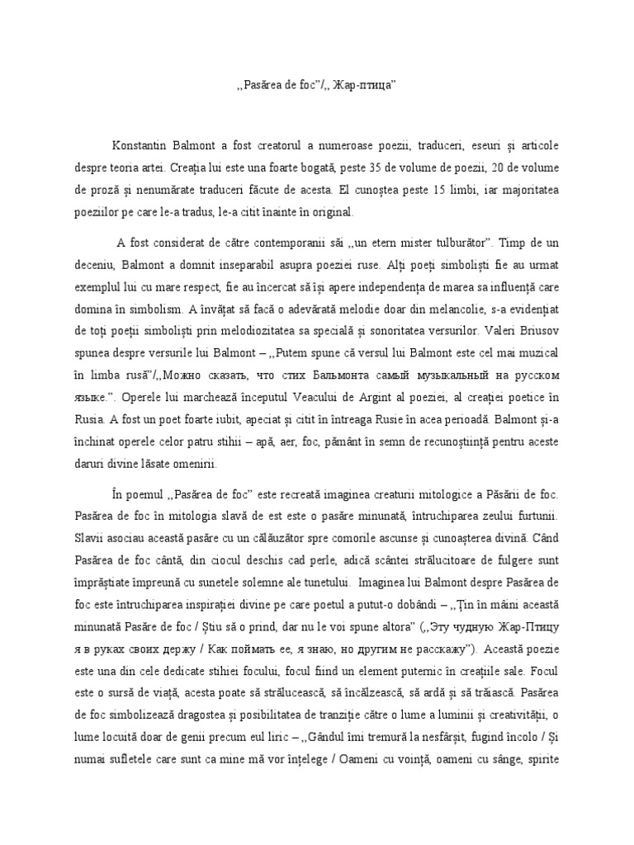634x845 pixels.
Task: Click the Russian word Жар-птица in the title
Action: tap(367, 87)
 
